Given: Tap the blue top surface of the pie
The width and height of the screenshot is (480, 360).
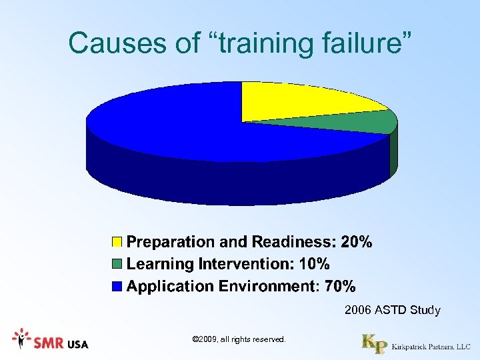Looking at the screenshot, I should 167,123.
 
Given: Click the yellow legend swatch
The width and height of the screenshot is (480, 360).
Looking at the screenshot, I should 117,241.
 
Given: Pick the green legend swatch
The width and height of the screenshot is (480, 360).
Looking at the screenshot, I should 117,264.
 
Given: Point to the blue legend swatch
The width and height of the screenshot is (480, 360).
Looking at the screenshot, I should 117,287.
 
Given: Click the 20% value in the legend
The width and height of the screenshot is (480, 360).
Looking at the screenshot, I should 356,241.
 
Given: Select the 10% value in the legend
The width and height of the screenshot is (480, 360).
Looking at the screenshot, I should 314,264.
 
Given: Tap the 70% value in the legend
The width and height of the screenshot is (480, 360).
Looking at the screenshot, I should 340,287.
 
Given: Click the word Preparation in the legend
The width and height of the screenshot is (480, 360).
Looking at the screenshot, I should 171,241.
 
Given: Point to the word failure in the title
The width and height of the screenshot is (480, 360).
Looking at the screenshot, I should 363,43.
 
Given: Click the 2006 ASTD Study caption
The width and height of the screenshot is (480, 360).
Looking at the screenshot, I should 392,310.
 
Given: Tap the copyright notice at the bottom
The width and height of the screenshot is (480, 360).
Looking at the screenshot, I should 239,340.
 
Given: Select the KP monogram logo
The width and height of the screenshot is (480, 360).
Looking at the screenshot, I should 373,343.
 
